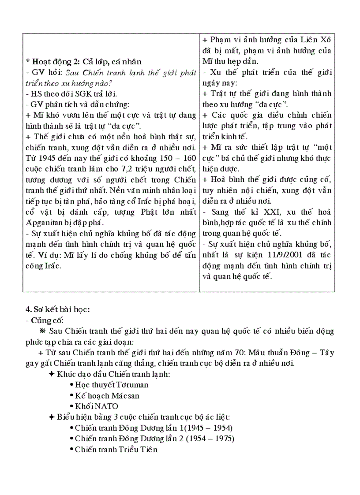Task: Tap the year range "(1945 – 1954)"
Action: pos(206,428)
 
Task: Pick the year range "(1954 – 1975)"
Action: pos(207,439)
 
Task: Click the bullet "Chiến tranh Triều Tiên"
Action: pos(116,450)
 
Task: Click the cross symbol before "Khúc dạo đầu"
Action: pos(52,374)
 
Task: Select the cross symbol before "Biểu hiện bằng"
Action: pos(52,417)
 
